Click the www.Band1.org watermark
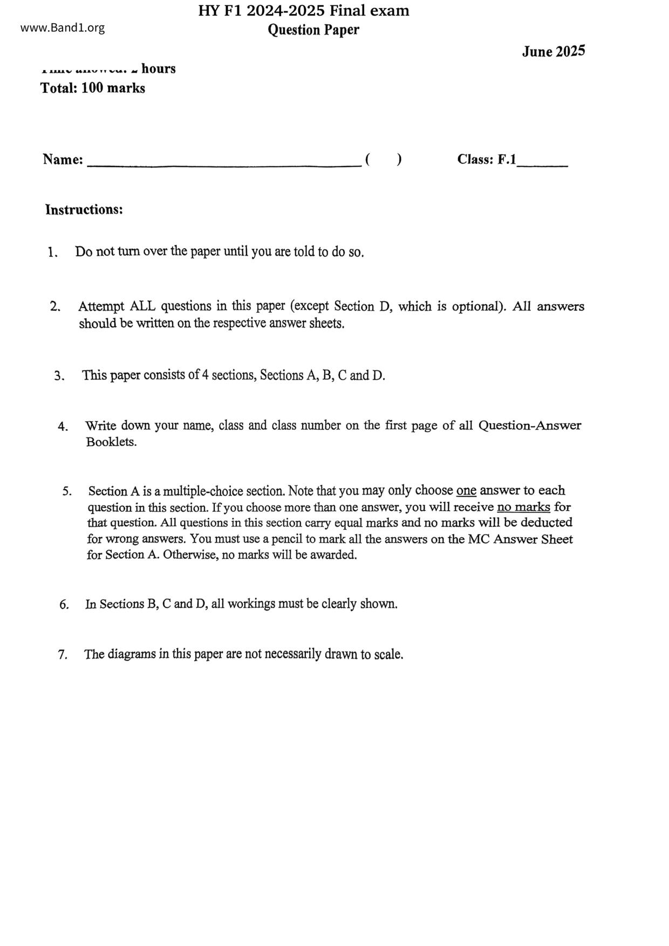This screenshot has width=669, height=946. click(x=63, y=28)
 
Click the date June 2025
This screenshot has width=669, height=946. click(x=553, y=52)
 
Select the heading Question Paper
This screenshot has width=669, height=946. click(x=313, y=30)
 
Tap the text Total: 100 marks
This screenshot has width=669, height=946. click(x=93, y=88)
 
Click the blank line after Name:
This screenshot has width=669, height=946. click(x=224, y=164)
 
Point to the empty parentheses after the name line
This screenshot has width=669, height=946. click(x=383, y=160)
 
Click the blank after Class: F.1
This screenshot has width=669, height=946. click(x=542, y=163)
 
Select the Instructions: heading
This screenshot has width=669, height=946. click(x=84, y=209)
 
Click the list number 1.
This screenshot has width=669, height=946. click(x=52, y=252)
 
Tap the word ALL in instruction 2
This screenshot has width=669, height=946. click(x=142, y=306)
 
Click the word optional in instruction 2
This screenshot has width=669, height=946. click(x=476, y=306)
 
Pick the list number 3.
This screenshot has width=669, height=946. click(x=59, y=376)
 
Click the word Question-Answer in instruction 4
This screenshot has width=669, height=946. click(x=530, y=426)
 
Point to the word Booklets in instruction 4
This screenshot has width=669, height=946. click(x=111, y=442)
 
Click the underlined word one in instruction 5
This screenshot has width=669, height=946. click(x=466, y=491)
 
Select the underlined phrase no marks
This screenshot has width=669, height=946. click(x=523, y=507)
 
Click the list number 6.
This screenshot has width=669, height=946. click(x=64, y=605)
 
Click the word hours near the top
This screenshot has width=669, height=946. click(x=159, y=68)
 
